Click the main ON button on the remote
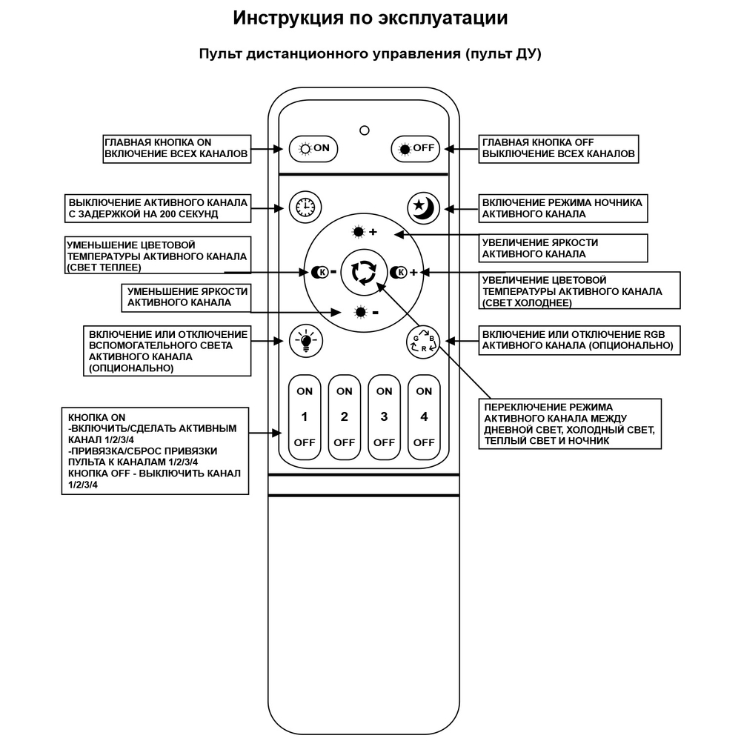click(313, 148)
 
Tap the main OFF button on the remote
click(416, 148)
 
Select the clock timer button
click(303, 207)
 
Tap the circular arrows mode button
click(364, 272)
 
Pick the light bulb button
click(303, 341)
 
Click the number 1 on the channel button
click(304, 416)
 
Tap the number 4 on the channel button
click(424, 416)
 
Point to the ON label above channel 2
click(344, 391)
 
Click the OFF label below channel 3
click(384, 442)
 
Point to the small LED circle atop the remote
click(364, 130)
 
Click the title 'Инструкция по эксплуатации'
click(370, 19)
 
